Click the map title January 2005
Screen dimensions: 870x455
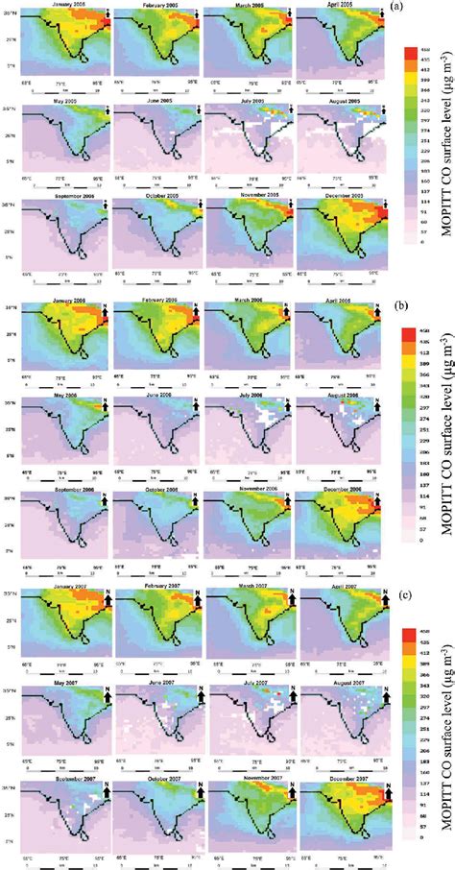click(x=62, y=6)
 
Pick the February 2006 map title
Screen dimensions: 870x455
click(x=155, y=301)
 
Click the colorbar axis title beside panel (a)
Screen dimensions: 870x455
click(x=440, y=144)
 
